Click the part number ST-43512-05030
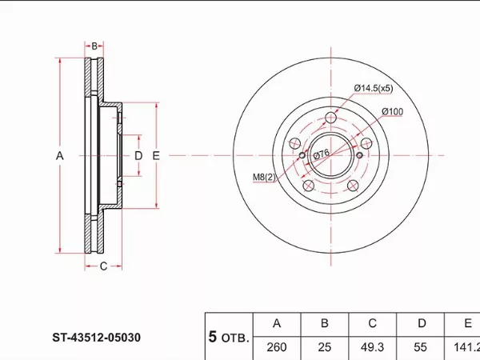point(97,338)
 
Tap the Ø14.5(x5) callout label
point(374,88)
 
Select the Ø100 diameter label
point(393,112)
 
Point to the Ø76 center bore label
point(322,154)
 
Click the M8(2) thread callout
point(264,177)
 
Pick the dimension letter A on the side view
point(60,156)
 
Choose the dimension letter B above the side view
point(94,46)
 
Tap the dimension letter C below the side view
point(103,266)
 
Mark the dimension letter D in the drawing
point(138,156)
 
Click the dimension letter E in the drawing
point(156,156)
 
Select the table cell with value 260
point(277,347)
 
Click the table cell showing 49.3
point(372,347)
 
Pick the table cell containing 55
point(420,347)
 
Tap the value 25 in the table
point(325,347)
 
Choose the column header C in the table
point(372,323)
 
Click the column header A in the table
point(277,323)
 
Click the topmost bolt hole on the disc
point(331,118)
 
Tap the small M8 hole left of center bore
point(302,155)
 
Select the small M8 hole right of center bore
point(360,155)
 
